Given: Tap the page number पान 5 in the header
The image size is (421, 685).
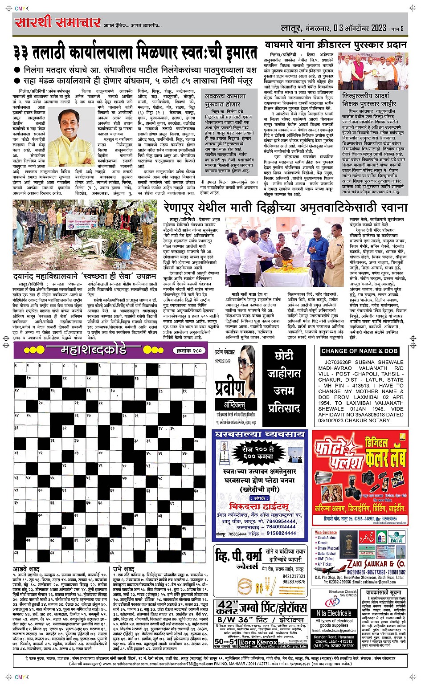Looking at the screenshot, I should pyautogui.click(x=397, y=29).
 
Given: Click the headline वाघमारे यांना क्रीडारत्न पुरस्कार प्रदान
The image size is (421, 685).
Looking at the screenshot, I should pyautogui.click(x=335, y=45).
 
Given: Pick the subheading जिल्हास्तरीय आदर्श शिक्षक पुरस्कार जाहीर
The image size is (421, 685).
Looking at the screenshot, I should pyautogui.click(x=369, y=100).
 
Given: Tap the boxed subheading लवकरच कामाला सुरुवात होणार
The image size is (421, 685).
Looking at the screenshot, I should pyautogui.click(x=225, y=100).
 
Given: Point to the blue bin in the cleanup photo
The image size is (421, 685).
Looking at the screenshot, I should pyautogui.click(x=124, y=250).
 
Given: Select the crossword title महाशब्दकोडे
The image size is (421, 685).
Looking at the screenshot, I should pyautogui.click(x=93, y=350).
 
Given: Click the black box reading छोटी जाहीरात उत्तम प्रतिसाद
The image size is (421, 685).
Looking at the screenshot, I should pyautogui.click(x=284, y=382).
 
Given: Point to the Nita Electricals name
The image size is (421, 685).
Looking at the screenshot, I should pyautogui.click(x=334, y=613).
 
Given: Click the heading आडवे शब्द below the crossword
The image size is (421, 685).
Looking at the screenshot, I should pyautogui.click(x=26, y=569).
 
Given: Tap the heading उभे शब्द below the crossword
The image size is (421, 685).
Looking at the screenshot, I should pyautogui.click(x=123, y=569).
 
